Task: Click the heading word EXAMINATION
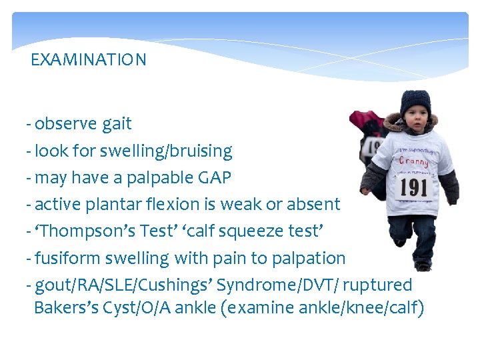(x=89, y=60)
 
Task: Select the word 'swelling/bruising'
(x=177, y=151)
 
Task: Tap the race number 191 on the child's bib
(x=413, y=187)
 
